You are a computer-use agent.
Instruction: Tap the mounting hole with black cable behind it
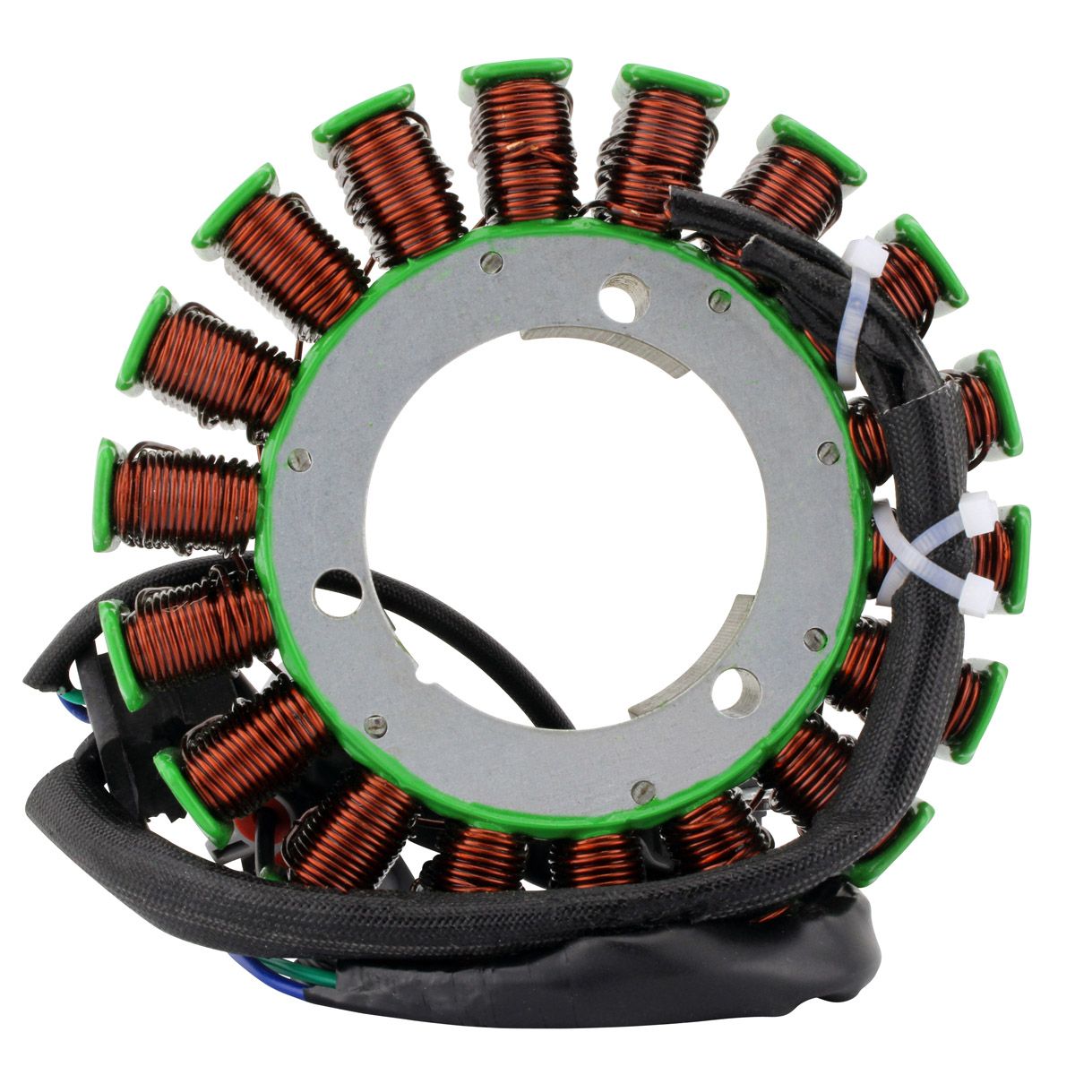(x=338, y=593)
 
